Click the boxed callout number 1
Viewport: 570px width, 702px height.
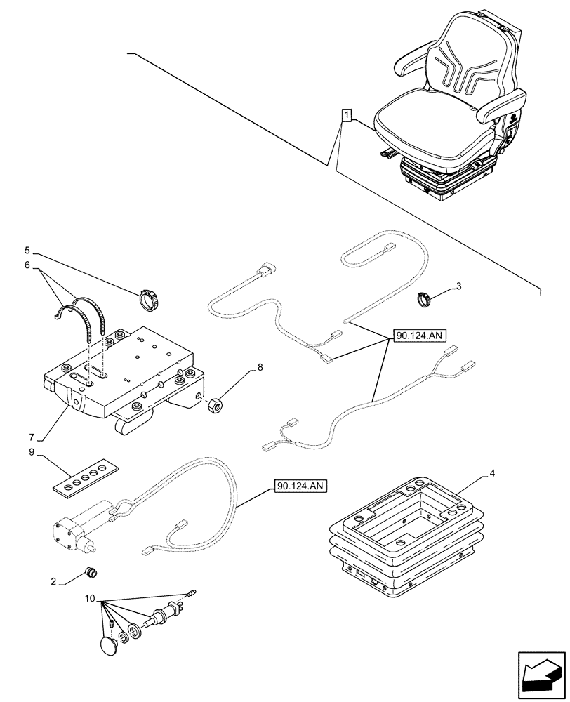coord(346,114)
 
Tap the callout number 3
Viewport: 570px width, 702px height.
coord(458,286)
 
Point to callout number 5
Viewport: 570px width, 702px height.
coord(27,249)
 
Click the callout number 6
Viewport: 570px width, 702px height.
coord(27,267)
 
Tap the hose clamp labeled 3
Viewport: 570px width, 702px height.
coord(424,299)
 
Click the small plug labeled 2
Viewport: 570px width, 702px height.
coord(91,572)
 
